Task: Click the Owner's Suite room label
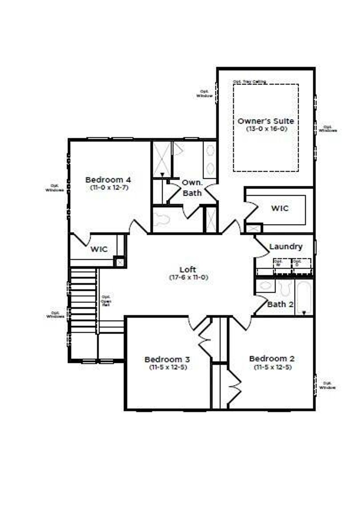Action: [x=266, y=121]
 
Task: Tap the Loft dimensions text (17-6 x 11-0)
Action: [x=188, y=277]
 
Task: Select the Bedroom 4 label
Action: [x=108, y=180]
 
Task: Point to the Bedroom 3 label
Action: [x=167, y=359]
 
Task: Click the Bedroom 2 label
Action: [x=272, y=359]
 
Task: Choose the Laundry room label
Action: [x=286, y=247]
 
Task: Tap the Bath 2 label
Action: [x=280, y=304]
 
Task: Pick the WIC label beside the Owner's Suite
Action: [x=280, y=208]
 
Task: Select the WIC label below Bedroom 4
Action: [x=99, y=249]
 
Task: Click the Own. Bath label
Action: [x=192, y=188]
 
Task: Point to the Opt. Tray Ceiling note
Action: [x=249, y=82]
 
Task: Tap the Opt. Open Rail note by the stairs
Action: [x=106, y=301]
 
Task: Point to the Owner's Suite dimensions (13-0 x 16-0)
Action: [x=267, y=129]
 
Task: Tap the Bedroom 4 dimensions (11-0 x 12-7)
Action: [x=109, y=187]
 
